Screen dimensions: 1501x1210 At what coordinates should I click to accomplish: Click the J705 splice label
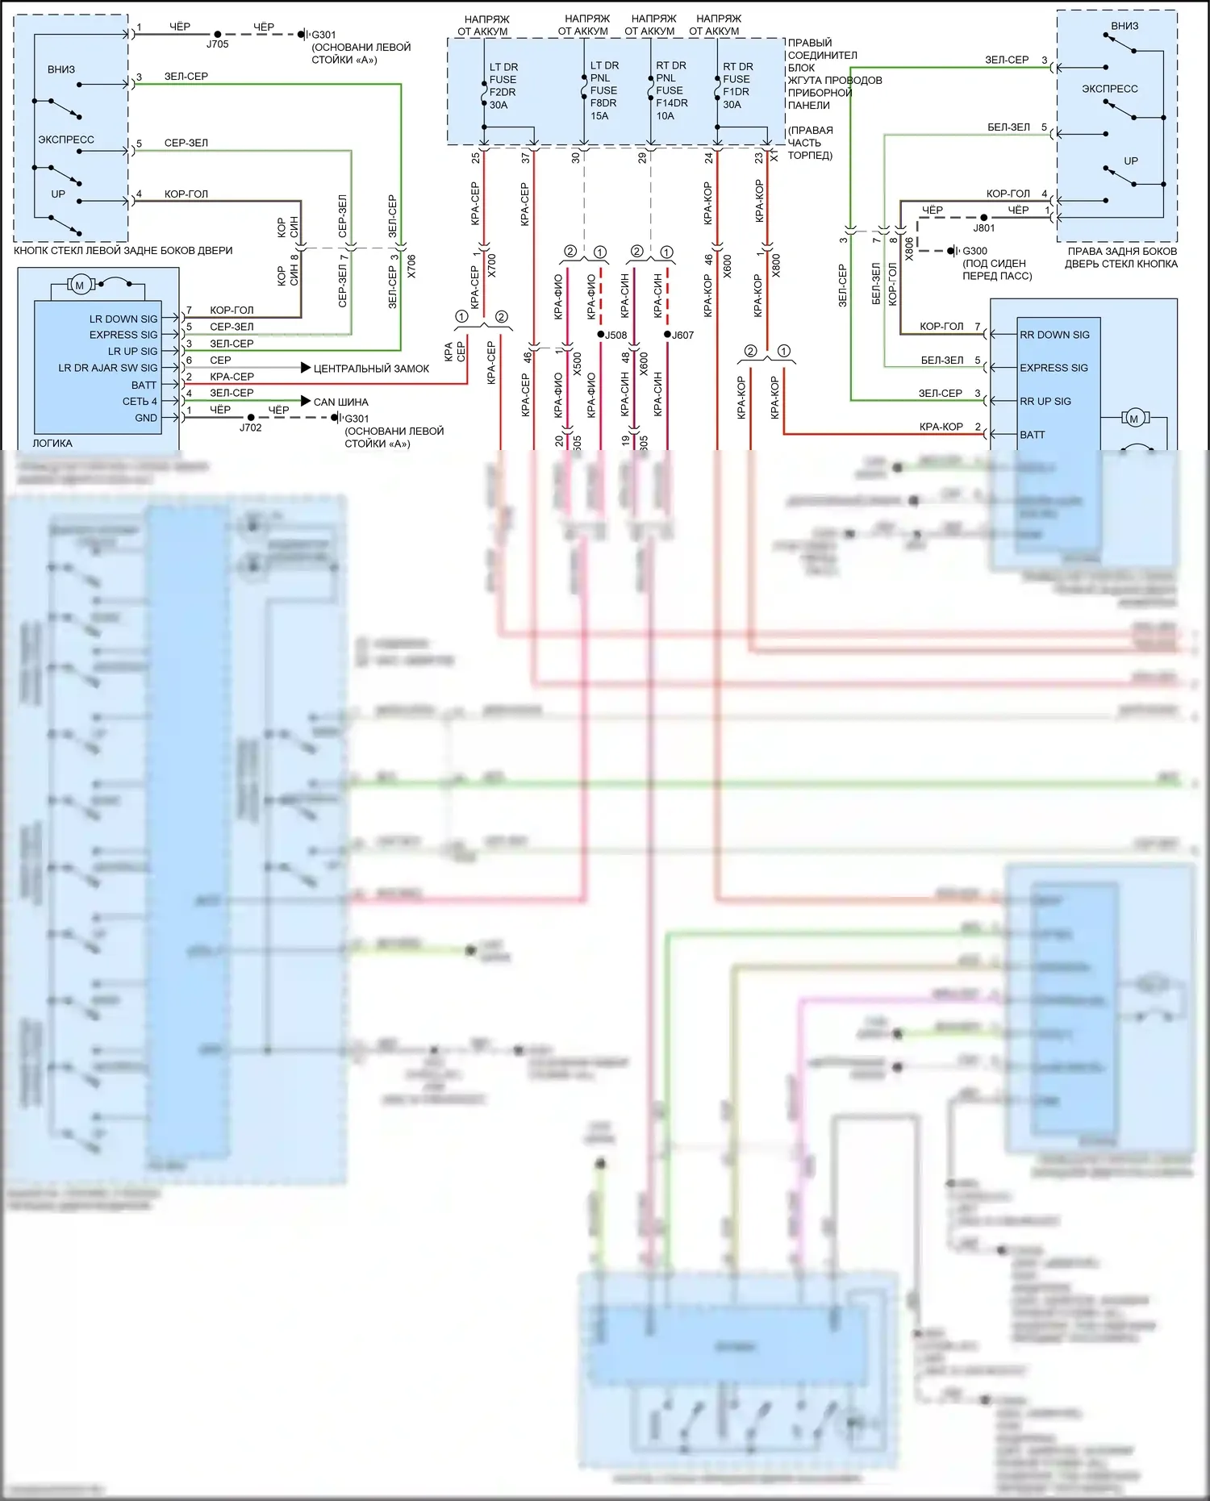pos(218,44)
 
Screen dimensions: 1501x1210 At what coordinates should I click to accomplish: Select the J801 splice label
pos(984,228)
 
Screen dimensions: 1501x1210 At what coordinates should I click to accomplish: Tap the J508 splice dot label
pos(615,335)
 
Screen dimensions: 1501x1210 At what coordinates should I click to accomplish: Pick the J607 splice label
pos(682,335)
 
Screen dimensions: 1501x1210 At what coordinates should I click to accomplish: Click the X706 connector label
pos(411,266)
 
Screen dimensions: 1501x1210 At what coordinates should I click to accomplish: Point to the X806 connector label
pos(910,248)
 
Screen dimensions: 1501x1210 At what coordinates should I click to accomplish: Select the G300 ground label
pos(974,251)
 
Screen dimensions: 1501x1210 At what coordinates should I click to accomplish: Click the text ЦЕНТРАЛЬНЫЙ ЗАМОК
pos(371,369)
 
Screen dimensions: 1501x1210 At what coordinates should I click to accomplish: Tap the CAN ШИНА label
pos(340,402)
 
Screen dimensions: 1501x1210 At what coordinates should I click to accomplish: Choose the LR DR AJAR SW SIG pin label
pos(108,368)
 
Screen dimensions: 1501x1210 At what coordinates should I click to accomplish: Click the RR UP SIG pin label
pos(1045,401)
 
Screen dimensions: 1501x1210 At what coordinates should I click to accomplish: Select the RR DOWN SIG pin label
pos(1054,335)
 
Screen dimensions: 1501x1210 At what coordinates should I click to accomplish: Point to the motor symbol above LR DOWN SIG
pos(79,285)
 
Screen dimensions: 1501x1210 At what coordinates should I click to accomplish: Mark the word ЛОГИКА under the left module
pos(52,443)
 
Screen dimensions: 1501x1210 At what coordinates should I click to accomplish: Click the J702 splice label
pos(251,427)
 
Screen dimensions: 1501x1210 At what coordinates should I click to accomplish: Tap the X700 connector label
pos(492,265)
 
